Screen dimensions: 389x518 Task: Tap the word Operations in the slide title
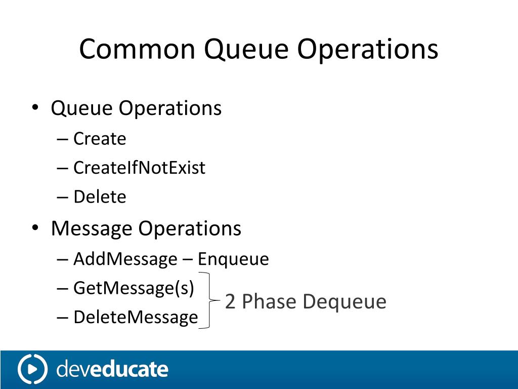368,50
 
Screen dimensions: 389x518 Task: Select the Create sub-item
100,139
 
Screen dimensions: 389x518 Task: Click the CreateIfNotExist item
139,168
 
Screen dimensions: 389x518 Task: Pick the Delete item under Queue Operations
100,197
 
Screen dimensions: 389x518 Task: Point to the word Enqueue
233,259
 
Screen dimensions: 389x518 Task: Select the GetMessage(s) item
134,288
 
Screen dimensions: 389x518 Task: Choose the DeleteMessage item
136,318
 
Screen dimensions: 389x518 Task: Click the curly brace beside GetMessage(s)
208,301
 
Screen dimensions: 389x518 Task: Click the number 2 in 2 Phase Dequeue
230,301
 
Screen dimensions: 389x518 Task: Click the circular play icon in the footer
32,369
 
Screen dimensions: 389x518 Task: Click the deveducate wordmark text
112,369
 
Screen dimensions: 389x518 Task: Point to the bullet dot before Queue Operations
35,108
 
